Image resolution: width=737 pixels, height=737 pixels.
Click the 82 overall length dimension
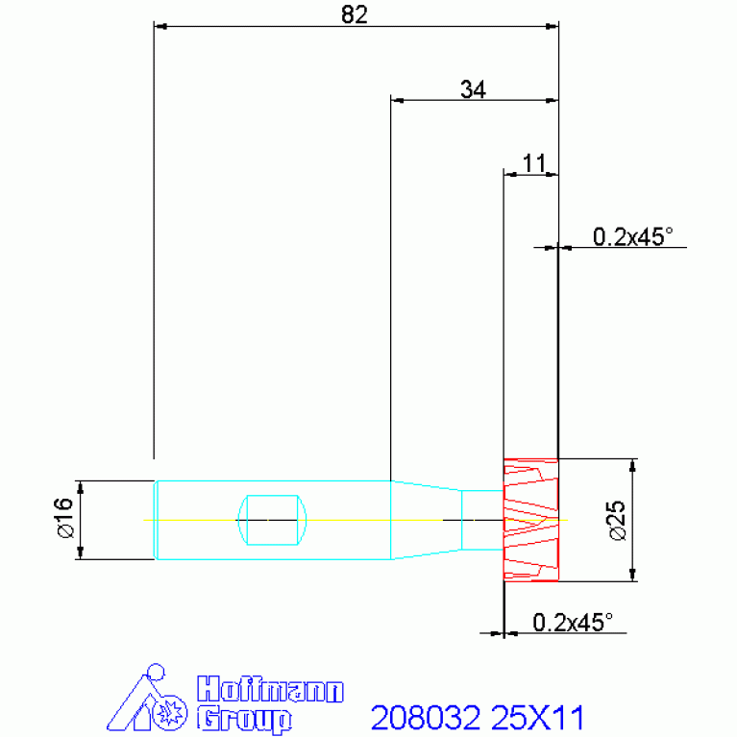click(x=355, y=15)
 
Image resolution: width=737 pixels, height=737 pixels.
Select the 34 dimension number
click(x=473, y=89)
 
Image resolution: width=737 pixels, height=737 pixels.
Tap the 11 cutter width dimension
click(x=534, y=163)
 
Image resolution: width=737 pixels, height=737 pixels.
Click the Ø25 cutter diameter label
click(x=617, y=521)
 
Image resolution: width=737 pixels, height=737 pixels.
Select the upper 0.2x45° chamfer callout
click(x=632, y=237)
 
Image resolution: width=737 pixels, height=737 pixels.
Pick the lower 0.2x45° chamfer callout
click(x=573, y=623)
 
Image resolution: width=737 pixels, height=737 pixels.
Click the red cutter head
click(x=530, y=520)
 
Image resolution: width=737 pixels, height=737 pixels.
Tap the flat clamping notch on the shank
click(x=272, y=520)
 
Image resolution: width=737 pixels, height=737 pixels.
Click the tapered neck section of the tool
click(x=427, y=520)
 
